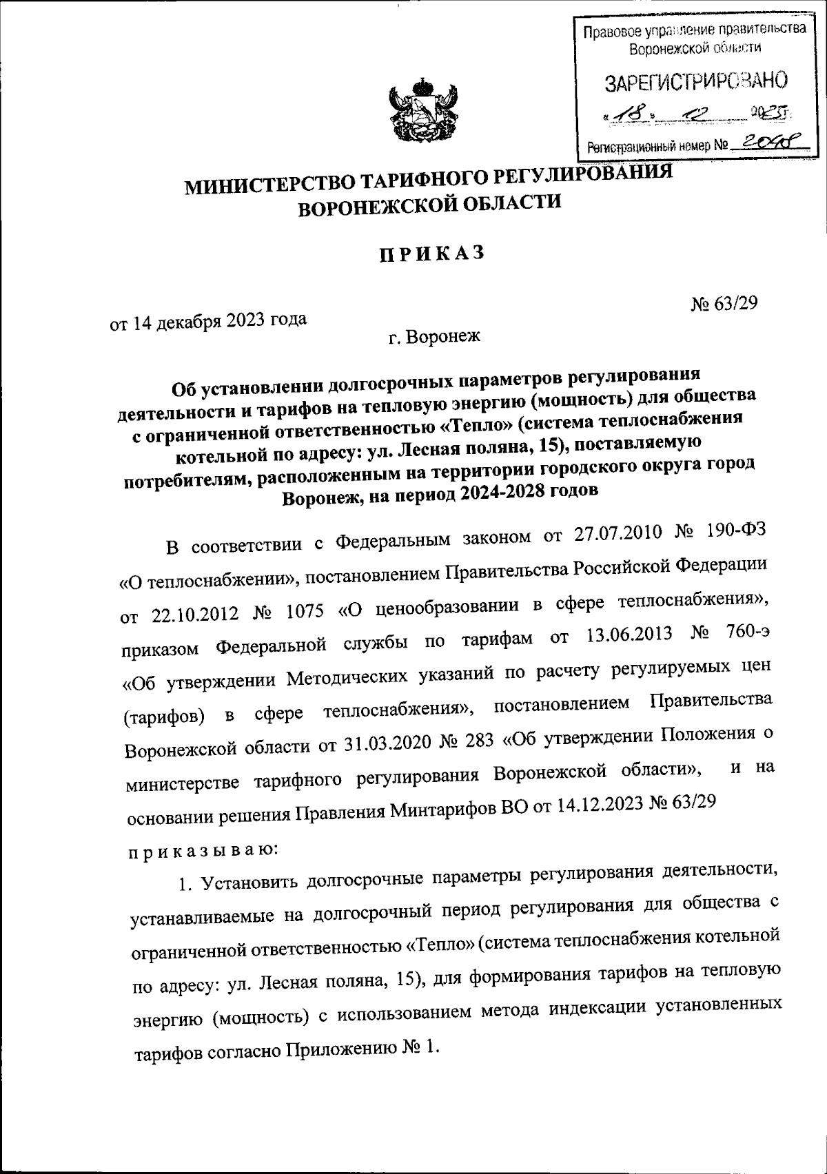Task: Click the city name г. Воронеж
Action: (x=433, y=337)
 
